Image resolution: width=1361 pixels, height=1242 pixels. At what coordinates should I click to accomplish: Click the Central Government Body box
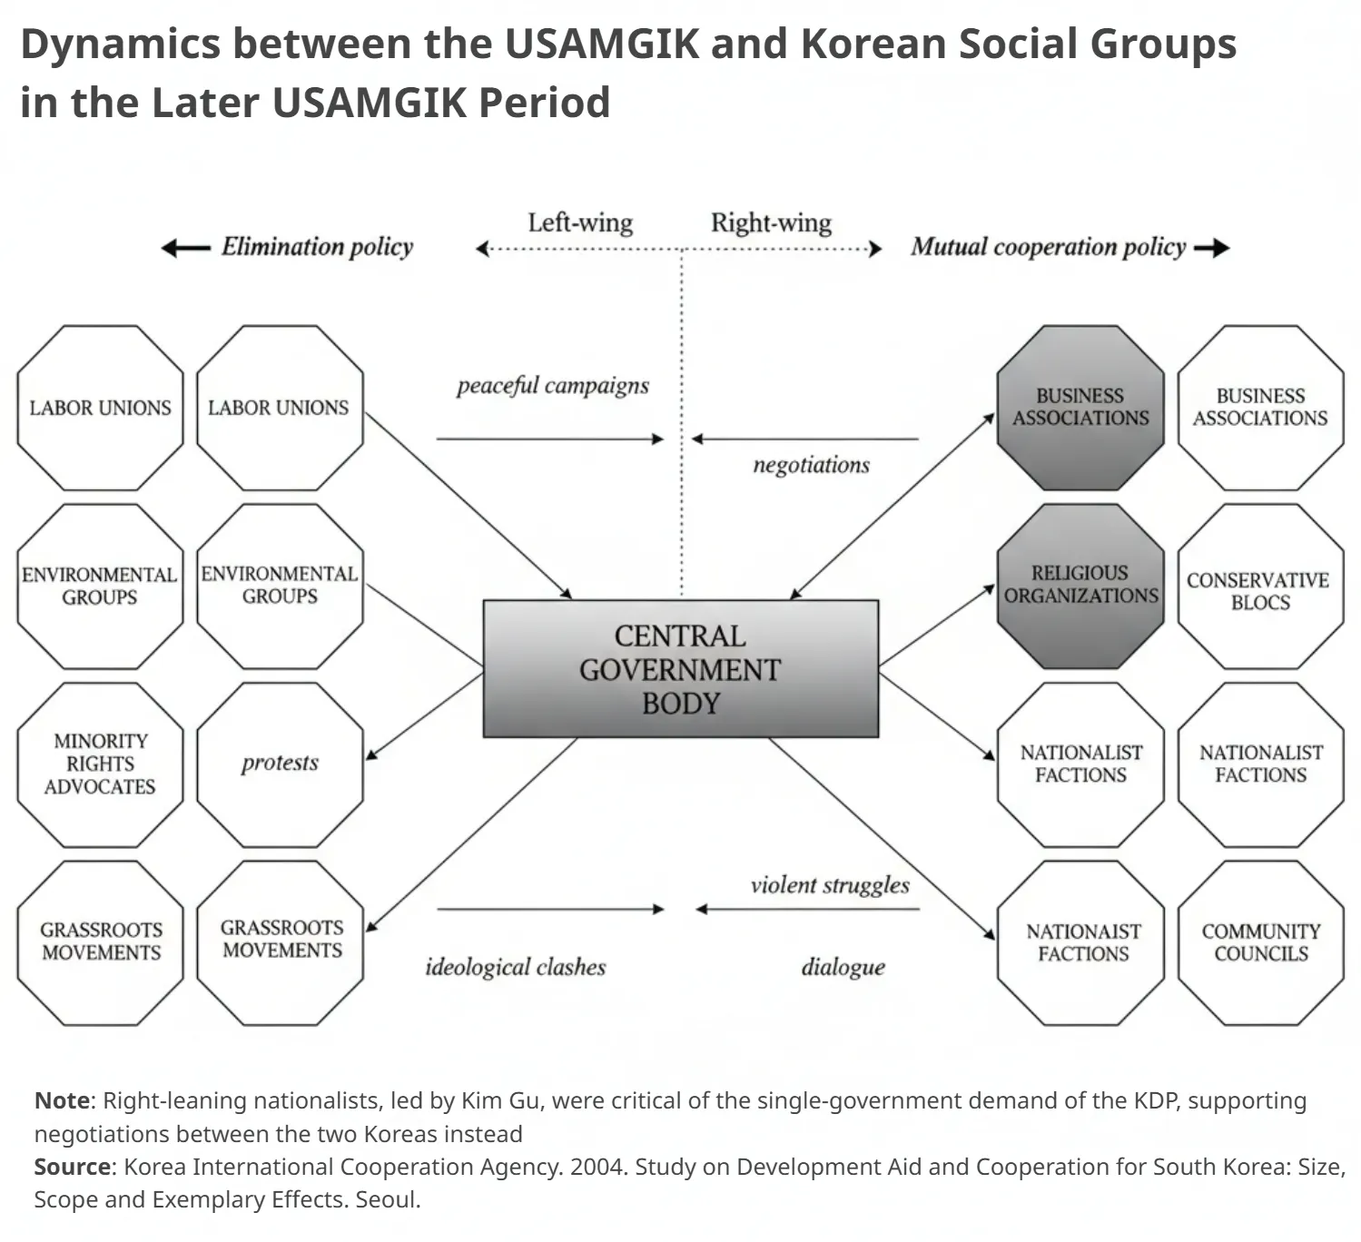pyautogui.click(x=681, y=668)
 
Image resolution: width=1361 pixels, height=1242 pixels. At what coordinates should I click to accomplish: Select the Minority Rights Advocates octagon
pyautogui.click(x=101, y=764)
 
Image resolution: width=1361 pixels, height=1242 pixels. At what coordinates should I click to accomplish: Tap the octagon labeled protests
pyautogui.click(x=281, y=764)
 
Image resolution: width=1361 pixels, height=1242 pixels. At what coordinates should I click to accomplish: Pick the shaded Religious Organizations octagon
pyautogui.click(x=1080, y=586)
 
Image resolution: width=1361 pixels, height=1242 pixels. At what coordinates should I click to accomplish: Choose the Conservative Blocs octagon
pyautogui.click(x=1260, y=586)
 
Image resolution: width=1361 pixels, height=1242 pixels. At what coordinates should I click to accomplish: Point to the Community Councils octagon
pyautogui.click(x=1260, y=942)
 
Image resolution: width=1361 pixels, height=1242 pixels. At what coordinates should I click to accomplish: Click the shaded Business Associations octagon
pyautogui.click(x=1080, y=408)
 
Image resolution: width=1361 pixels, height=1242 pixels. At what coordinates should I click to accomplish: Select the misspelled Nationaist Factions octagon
pyautogui.click(x=1080, y=942)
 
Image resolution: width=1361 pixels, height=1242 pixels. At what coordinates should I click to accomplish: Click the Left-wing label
pyautogui.click(x=580, y=222)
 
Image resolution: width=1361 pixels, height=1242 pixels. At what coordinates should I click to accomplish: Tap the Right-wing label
pyautogui.click(x=772, y=222)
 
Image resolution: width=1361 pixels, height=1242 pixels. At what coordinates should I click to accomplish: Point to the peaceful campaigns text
pyautogui.click(x=552, y=386)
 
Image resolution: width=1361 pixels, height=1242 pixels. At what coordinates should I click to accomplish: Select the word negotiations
pyautogui.click(x=812, y=465)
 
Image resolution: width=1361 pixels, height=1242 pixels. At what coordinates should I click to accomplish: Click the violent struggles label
pyautogui.click(x=830, y=886)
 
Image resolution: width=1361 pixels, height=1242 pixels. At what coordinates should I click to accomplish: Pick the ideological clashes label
pyautogui.click(x=516, y=967)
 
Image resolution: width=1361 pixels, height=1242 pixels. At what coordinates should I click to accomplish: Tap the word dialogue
pyautogui.click(x=843, y=967)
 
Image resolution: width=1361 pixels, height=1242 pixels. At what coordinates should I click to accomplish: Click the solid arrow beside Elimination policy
pyautogui.click(x=185, y=249)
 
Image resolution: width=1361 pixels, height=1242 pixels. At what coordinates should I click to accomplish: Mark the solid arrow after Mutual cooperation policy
pyautogui.click(x=1212, y=249)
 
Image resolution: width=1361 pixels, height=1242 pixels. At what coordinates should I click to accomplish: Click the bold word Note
pyautogui.click(x=62, y=1100)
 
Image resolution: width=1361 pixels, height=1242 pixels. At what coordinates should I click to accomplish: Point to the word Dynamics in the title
pyautogui.click(x=121, y=44)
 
